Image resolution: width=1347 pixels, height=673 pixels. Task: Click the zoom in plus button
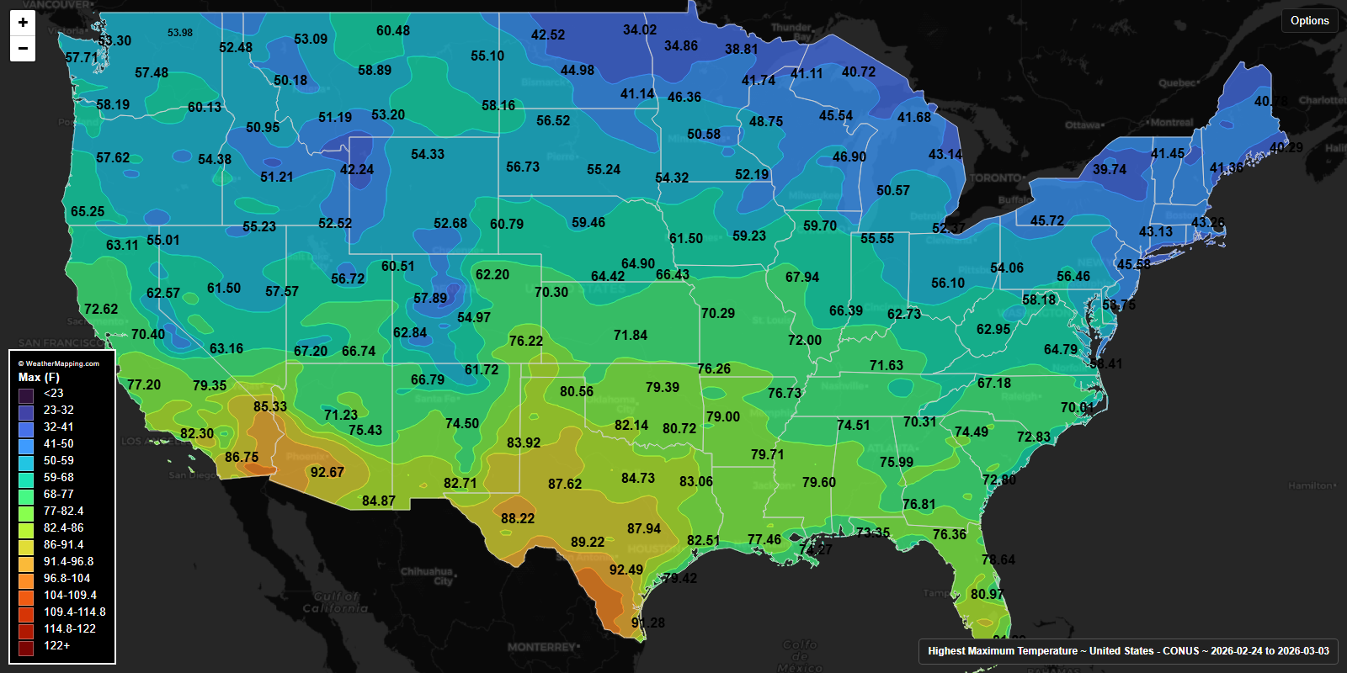(23, 23)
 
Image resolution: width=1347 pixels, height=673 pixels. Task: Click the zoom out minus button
(23, 49)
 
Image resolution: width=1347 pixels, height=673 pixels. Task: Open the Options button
(1309, 20)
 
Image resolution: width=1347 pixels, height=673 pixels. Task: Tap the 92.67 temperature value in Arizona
(327, 473)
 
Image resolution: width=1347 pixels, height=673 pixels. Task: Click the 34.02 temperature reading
(640, 30)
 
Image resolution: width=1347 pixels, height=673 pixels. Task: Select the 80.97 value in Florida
(987, 595)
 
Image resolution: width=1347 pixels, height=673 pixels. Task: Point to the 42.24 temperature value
(357, 170)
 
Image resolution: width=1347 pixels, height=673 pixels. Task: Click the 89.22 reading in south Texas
(588, 543)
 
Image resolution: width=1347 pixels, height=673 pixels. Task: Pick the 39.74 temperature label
(1110, 170)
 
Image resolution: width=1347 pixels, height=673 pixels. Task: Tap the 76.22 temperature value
(526, 342)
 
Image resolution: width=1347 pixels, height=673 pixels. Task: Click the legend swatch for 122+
(27, 646)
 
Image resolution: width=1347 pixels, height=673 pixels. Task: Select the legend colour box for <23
(27, 394)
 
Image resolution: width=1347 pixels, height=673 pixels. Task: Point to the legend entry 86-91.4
(63, 545)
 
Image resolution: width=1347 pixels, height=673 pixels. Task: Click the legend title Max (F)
(39, 378)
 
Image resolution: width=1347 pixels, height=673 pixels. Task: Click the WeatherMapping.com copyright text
(59, 363)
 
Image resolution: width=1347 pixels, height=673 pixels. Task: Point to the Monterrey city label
(542, 647)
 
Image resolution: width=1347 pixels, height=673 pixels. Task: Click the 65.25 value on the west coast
(88, 212)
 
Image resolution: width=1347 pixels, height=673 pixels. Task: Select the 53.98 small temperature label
(179, 33)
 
